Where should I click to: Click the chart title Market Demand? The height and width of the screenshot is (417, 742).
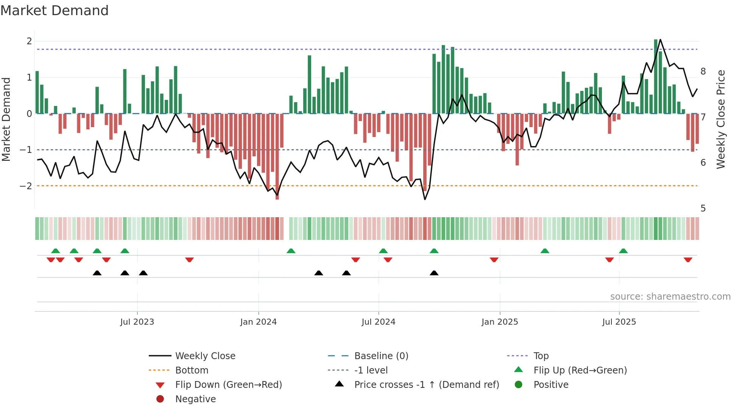pyautogui.click(x=55, y=11)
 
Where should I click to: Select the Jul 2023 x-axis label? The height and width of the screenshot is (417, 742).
pyautogui.click(x=137, y=322)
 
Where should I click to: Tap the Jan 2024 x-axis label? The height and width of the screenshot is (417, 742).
pyautogui.click(x=258, y=322)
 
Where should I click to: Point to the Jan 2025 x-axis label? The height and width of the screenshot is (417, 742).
pyautogui.click(x=499, y=322)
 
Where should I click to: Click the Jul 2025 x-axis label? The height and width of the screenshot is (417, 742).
pyautogui.click(x=619, y=322)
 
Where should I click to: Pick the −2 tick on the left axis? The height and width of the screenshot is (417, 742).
pyautogui.click(x=26, y=186)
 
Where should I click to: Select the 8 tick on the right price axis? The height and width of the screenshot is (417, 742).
pyautogui.click(x=703, y=72)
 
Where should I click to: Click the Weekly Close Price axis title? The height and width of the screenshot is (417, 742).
pyautogui.click(x=721, y=119)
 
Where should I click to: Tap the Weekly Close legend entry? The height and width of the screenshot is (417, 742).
pyautogui.click(x=205, y=356)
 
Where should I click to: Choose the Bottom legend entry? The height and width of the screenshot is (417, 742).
pyautogui.click(x=192, y=370)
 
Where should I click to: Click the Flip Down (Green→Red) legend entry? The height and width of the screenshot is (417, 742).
pyautogui.click(x=228, y=385)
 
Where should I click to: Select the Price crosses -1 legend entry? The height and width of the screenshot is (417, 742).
pyautogui.click(x=426, y=385)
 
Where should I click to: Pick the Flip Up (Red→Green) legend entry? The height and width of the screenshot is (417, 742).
pyautogui.click(x=580, y=370)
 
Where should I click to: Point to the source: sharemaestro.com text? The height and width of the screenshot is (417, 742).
pyautogui.click(x=670, y=297)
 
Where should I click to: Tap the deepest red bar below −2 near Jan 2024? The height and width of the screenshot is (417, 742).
pyautogui.click(x=277, y=189)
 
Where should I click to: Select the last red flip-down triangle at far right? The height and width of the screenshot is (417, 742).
pyautogui.click(x=688, y=260)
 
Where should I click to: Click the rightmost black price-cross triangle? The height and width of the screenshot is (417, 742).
pyautogui.click(x=434, y=273)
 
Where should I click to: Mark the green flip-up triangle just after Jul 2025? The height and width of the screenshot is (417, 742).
pyautogui.click(x=623, y=251)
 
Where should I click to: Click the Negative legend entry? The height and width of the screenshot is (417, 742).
pyautogui.click(x=195, y=399)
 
